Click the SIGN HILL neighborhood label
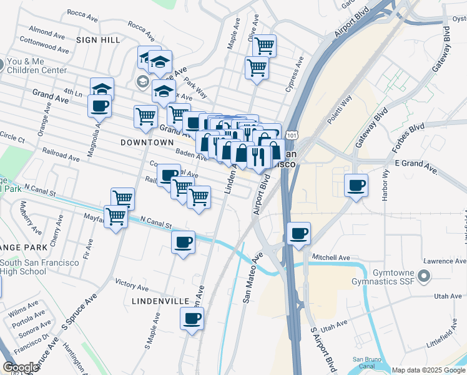[97, 39]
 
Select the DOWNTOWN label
[147, 142]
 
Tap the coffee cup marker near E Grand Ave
[356, 185]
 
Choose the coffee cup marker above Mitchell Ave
[299, 234]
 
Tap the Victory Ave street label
[131, 285]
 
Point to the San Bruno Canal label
[366, 362]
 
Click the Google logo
[21, 367]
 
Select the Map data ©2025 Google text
[428, 370]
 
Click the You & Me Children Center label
[37, 66]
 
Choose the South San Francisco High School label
[39, 267]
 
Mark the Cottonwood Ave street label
[44, 44]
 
